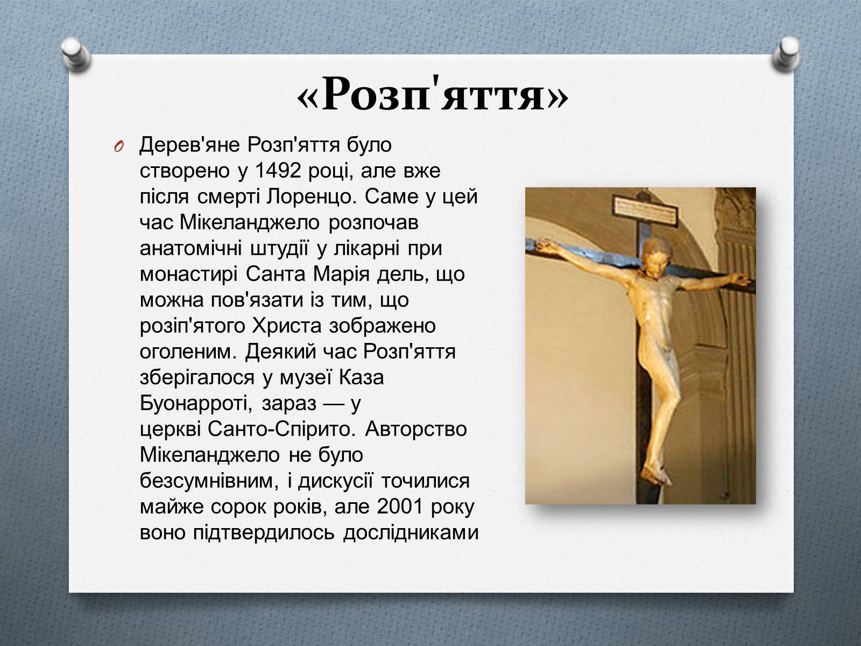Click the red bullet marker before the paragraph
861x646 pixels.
point(119,146)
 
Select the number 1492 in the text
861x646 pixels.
point(277,171)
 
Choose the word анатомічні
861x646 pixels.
point(190,248)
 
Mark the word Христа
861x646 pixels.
point(287,326)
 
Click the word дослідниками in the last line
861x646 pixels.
point(411,532)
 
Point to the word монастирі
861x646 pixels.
point(189,274)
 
